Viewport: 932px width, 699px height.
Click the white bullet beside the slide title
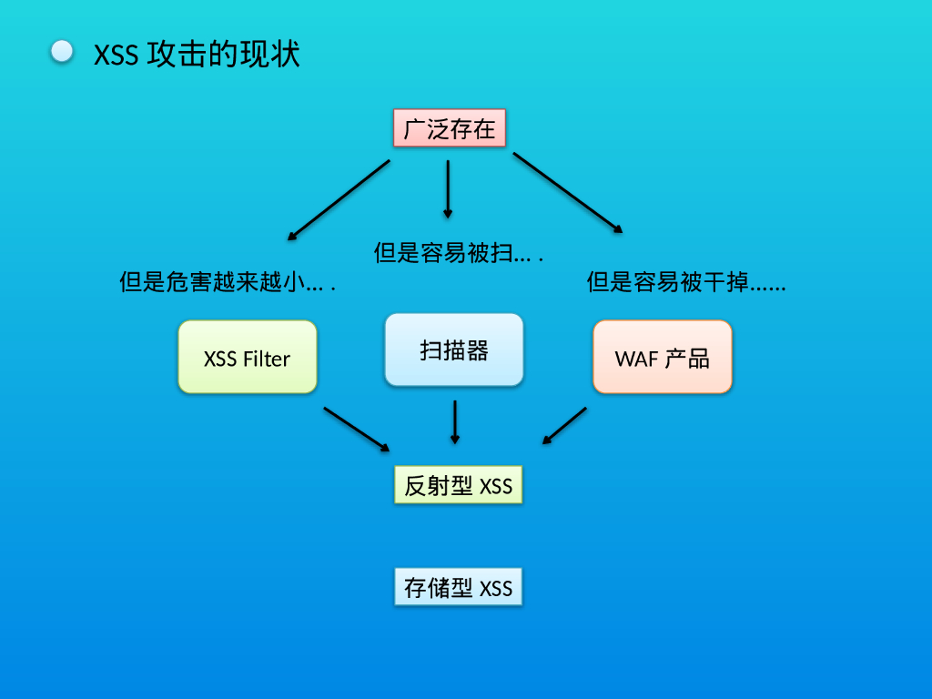click(x=62, y=51)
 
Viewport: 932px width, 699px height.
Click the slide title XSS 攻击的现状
click(x=197, y=54)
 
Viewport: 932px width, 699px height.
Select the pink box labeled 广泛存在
click(x=450, y=127)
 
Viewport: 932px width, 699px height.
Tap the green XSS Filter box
click(x=248, y=357)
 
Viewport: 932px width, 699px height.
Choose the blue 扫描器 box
click(x=454, y=350)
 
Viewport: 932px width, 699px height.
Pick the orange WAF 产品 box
click(x=663, y=357)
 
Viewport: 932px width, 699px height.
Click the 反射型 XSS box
click(x=459, y=485)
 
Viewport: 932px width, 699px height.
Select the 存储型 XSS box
click(x=459, y=587)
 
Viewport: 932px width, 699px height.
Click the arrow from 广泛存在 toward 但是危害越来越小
click(x=339, y=199)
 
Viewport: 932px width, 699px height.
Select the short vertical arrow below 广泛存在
click(x=448, y=189)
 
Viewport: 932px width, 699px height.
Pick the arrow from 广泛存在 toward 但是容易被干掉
click(x=568, y=193)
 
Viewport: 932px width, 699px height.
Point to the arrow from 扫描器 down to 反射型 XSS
click(x=455, y=422)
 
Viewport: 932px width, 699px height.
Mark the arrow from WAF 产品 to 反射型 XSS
click(x=564, y=426)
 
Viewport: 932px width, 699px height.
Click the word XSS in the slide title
click(x=116, y=56)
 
